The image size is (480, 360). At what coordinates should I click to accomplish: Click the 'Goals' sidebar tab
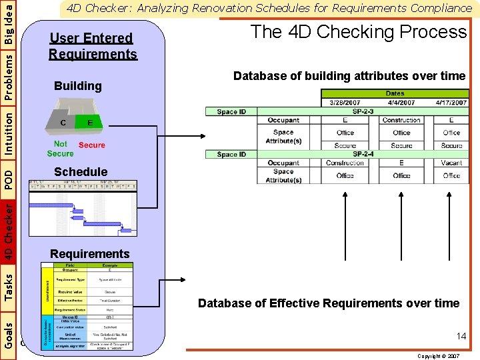[8, 331]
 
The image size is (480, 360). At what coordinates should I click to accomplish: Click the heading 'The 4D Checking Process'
[358, 32]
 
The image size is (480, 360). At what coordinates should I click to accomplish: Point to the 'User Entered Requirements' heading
[93, 46]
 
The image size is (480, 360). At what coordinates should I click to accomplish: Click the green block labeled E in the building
[89, 122]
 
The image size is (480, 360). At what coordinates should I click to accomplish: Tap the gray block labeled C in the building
[63, 123]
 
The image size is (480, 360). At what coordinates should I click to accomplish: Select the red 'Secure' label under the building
[92, 145]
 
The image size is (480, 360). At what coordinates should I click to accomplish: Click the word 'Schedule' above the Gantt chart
[81, 172]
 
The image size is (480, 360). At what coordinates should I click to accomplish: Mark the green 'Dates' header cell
[395, 94]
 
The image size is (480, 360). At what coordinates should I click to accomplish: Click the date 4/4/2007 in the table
[401, 103]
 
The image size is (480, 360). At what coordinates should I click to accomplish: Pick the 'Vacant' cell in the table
[451, 163]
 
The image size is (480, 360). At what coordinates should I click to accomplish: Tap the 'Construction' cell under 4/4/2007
[401, 121]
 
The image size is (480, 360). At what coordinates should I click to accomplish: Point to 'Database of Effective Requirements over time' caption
[329, 303]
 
